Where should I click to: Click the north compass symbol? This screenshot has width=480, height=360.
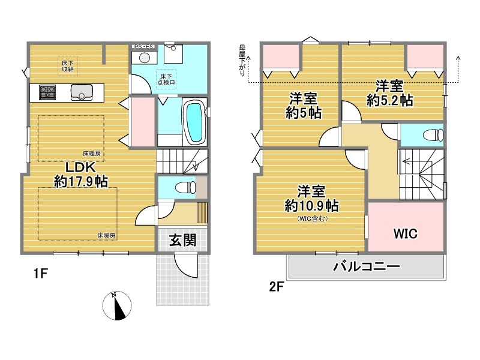[x=116, y=305]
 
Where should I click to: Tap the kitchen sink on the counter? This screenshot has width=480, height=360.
[x=82, y=92]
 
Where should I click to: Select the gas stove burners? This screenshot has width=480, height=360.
[x=47, y=92]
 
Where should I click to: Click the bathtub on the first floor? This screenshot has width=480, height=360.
[x=194, y=122]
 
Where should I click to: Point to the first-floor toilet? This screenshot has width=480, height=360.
[x=185, y=187]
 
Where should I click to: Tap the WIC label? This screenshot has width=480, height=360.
[x=406, y=233]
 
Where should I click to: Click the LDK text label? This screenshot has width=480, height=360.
[x=81, y=167]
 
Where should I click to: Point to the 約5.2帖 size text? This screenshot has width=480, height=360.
[x=389, y=100]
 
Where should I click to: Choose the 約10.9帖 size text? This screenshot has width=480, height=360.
[x=311, y=205]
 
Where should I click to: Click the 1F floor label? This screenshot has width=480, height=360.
[x=40, y=273]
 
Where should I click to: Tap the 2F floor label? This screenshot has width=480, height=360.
[x=277, y=287]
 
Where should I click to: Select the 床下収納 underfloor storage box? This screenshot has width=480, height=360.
[x=68, y=66]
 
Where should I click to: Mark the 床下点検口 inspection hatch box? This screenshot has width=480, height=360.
[x=166, y=79]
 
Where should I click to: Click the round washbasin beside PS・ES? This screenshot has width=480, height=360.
[x=145, y=58]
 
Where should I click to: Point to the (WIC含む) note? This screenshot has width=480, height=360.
[x=313, y=218]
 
